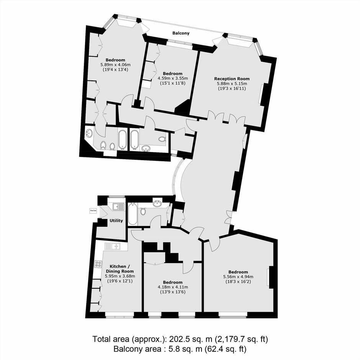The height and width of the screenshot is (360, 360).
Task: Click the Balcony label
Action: click(x=181, y=33)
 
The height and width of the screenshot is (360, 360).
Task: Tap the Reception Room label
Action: click(x=232, y=79)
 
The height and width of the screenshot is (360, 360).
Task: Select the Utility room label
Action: click(x=116, y=221)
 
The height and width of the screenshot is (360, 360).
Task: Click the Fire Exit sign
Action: click(x=93, y=210)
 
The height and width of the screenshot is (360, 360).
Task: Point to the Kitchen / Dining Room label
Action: click(x=120, y=268)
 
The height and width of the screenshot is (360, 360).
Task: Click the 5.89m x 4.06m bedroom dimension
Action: click(x=116, y=65)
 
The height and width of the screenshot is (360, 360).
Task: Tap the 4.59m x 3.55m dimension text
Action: click(x=173, y=78)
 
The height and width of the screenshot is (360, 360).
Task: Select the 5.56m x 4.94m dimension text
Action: click(x=238, y=277)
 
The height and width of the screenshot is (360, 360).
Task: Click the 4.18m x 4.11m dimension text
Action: click(x=173, y=287)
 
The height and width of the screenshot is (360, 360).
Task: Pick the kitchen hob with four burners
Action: click(x=98, y=264)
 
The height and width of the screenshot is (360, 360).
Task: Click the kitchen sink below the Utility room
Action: click(x=113, y=247)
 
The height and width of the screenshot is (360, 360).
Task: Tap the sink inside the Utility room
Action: click(x=118, y=206)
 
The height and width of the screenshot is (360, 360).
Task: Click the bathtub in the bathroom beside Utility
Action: click(x=133, y=214)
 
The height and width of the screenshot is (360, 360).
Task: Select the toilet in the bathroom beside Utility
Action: click(x=143, y=211)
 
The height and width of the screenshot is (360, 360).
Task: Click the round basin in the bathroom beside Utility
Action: click(x=157, y=204)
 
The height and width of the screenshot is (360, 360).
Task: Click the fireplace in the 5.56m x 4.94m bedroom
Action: click(x=271, y=277)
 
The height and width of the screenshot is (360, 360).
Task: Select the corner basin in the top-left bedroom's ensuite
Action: click(x=90, y=133)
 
